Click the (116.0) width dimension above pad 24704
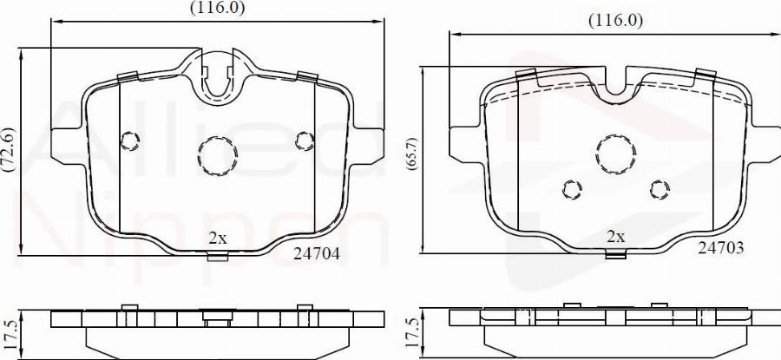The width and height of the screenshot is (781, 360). click(218, 8)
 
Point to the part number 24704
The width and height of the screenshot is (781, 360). click(317, 253)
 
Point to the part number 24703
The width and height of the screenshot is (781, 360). click(720, 247)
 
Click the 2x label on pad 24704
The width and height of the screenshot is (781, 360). click(217, 237)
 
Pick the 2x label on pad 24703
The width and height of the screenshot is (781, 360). click(615, 236)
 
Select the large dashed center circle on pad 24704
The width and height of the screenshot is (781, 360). click(217, 156)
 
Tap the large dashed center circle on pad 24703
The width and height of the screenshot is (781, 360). click(615, 154)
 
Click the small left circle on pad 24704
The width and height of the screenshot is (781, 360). click(130, 140)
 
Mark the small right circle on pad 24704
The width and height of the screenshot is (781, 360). click(304, 140)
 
